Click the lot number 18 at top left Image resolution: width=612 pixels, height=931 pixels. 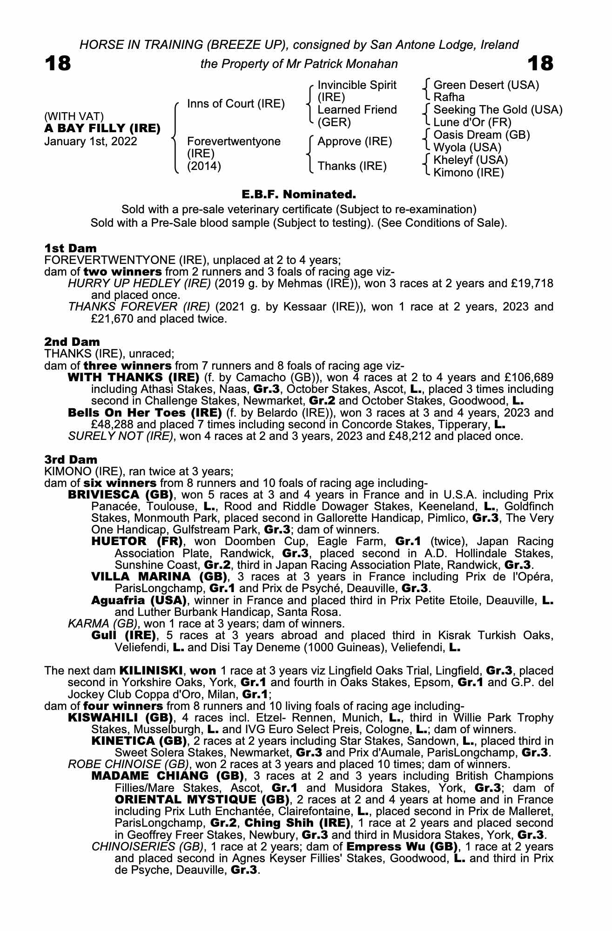[58, 64]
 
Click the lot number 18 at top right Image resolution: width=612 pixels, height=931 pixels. [540, 64]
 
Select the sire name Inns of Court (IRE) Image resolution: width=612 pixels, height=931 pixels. [235, 104]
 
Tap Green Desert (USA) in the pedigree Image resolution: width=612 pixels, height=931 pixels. [486, 85]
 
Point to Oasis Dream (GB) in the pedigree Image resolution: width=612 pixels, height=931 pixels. [481, 135]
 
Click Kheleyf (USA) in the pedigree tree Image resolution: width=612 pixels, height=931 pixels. [471, 160]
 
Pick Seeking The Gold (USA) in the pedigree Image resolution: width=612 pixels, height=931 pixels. [498, 110]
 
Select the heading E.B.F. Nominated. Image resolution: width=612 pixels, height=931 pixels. [299, 194]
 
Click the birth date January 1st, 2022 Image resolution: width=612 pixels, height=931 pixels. [91, 142]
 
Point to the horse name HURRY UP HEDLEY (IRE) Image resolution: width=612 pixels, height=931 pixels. [139, 283]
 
